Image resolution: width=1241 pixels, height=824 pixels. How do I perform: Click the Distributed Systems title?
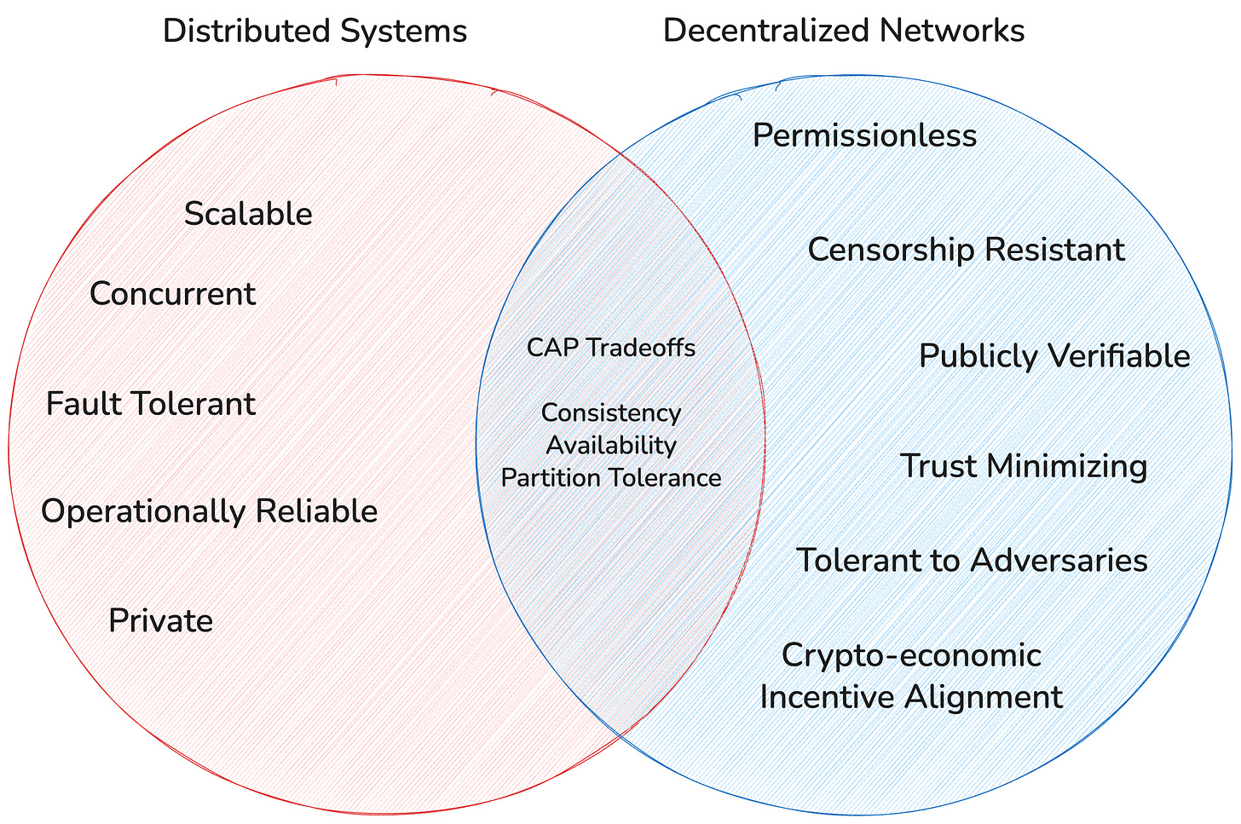(315, 32)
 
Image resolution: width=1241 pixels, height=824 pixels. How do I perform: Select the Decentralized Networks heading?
(844, 31)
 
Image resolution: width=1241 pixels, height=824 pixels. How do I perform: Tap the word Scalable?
(248, 214)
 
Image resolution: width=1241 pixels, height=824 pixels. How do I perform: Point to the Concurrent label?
(173, 293)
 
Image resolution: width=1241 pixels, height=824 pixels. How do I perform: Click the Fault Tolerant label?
(151, 403)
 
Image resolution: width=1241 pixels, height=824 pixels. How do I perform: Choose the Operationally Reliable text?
(210, 511)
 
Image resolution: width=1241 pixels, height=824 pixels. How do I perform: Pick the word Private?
(160, 620)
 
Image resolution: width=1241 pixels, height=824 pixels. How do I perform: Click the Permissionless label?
(865, 135)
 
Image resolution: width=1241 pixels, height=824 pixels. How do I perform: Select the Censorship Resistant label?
(967, 251)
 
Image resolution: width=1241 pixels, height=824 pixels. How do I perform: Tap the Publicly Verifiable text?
(1054, 357)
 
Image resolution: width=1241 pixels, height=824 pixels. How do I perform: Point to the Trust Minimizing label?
(1024, 466)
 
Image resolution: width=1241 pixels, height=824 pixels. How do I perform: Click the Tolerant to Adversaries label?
(972, 560)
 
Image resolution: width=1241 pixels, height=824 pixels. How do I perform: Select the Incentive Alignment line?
(912, 698)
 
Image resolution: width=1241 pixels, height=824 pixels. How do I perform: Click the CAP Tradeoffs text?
(611, 348)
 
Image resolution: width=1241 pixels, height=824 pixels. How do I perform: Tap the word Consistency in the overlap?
(611, 413)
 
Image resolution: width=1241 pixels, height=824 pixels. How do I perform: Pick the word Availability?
(611, 446)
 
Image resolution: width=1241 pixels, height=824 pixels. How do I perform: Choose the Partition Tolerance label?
(611, 478)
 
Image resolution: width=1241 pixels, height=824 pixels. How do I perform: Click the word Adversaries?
(1059, 560)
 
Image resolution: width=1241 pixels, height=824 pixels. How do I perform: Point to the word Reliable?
(317, 510)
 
